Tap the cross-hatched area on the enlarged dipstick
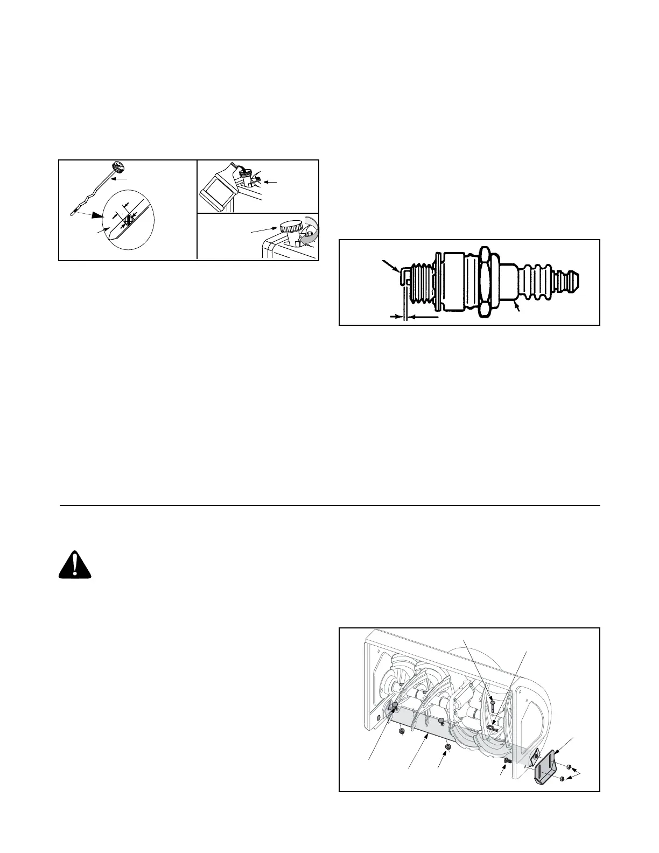click(x=128, y=219)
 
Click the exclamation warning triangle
click(x=75, y=565)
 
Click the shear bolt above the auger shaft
click(x=493, y=703)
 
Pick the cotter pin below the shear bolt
click(x=494, y=728)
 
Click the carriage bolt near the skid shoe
click(x=507, y=760)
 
